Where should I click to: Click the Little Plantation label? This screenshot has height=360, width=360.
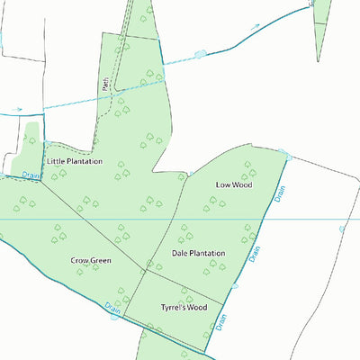[x=75, y=161]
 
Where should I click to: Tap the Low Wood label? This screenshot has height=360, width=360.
[x=234, y=184]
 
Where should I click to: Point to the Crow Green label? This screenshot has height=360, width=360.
[x=91, y=261]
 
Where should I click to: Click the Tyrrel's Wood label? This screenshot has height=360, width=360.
[x=184, y=307]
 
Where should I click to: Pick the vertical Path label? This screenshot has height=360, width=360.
[x=105, y=84]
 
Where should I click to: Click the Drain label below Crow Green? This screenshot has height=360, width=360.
[x=113, y=310]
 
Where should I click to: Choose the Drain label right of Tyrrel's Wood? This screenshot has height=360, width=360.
[x=221, y=321]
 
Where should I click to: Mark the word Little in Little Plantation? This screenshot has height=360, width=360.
[x=56, y=161]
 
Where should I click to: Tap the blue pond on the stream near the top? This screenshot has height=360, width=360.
[x=199, y=56]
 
